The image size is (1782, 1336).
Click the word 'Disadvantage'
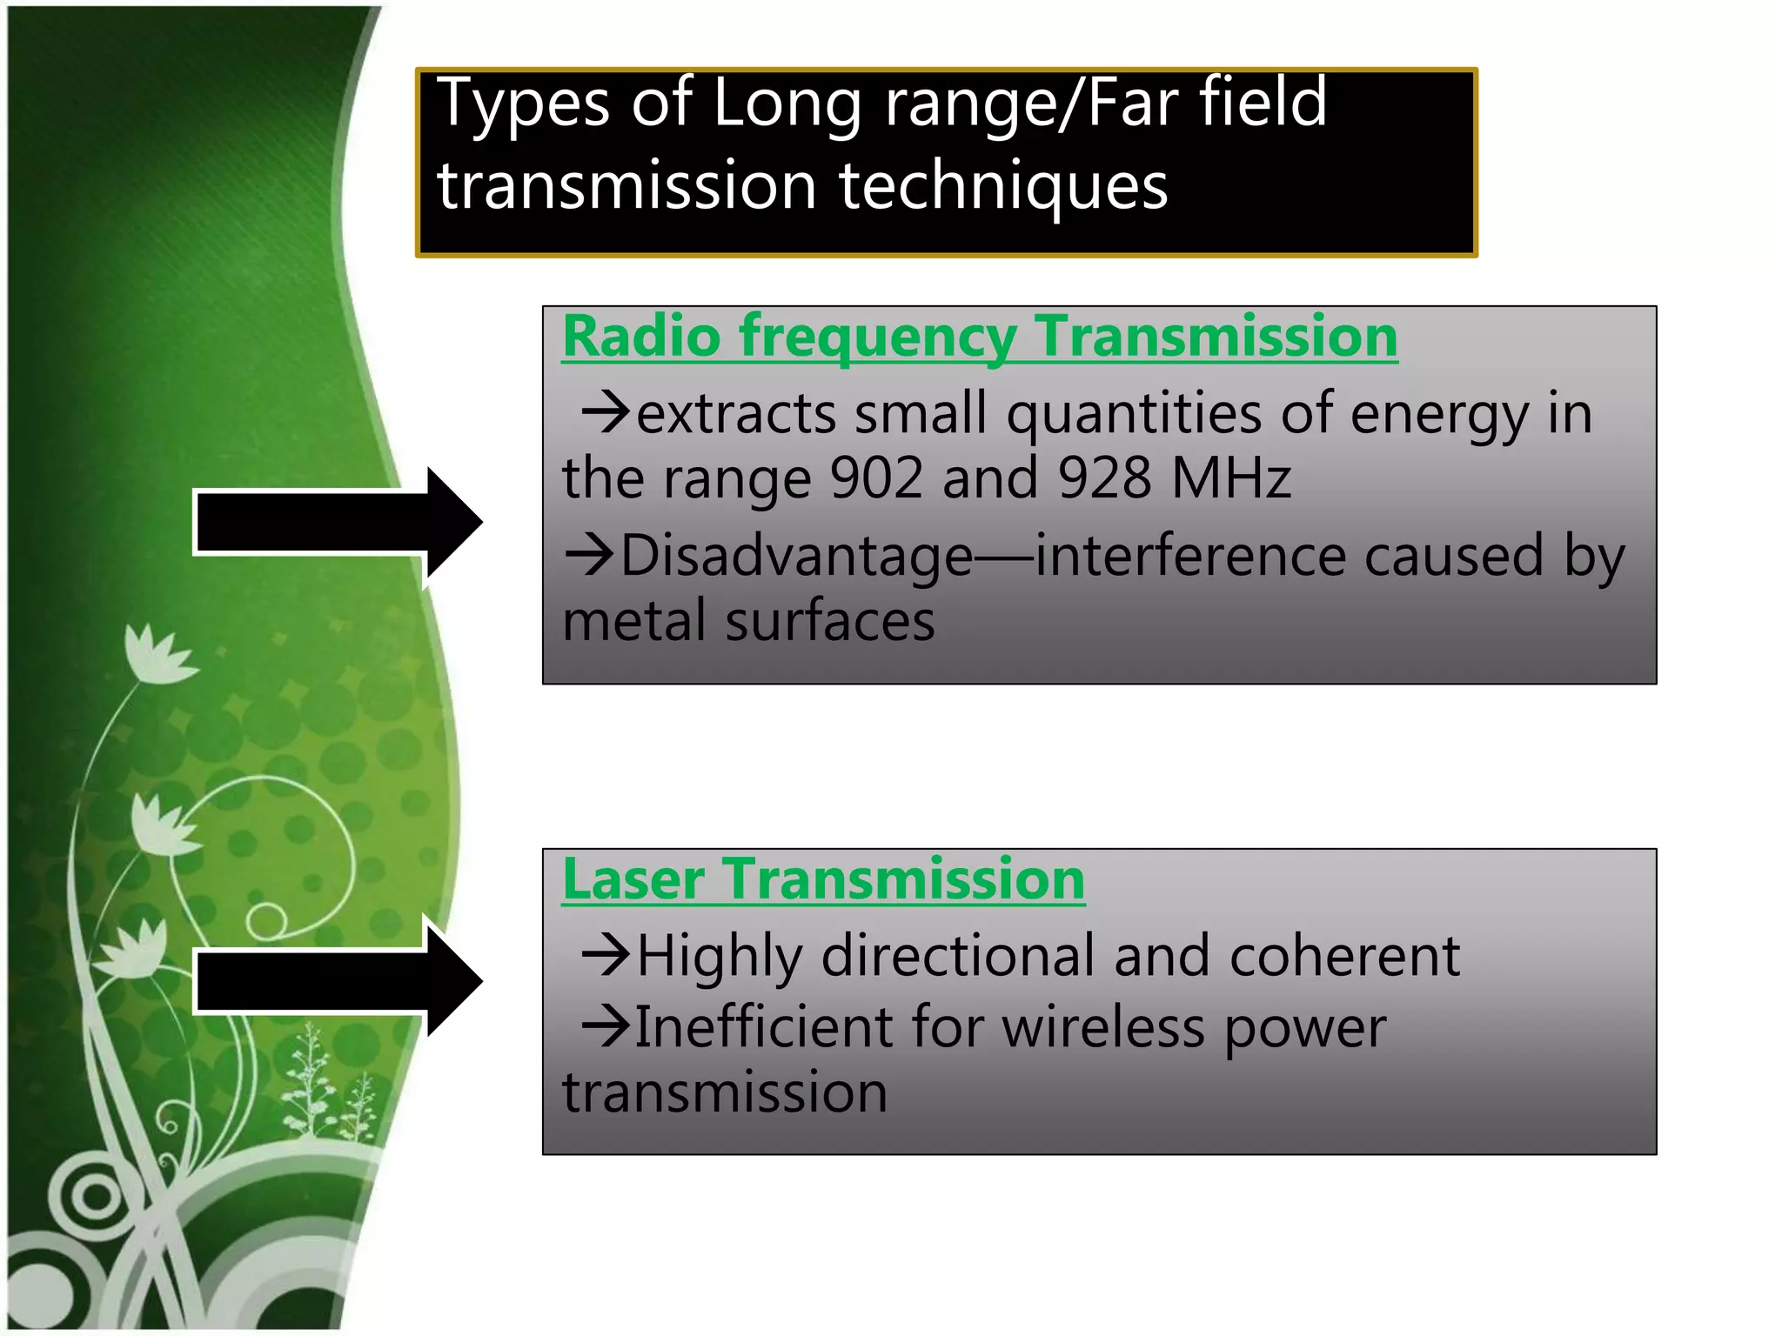(796, 557)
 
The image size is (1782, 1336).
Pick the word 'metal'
(634, 621)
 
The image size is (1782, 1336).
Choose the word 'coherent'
(1344, 956)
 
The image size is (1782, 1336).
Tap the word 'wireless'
(1103, 1027)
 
